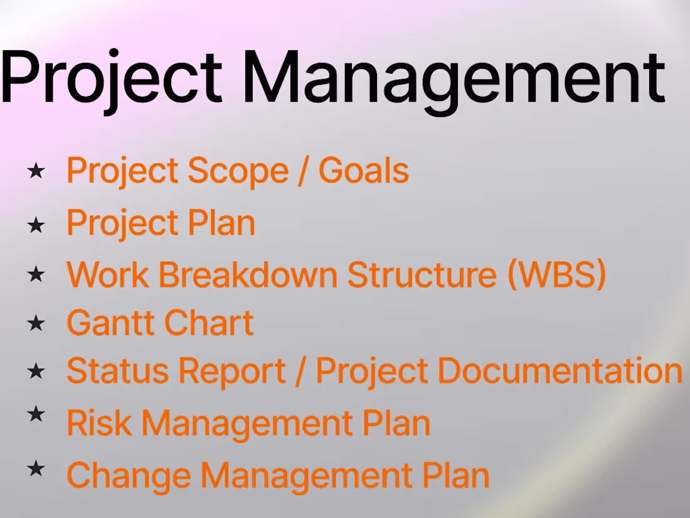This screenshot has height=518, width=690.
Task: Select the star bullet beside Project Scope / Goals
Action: tap(36, 171)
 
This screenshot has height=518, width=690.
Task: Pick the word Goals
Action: tap(364, 171)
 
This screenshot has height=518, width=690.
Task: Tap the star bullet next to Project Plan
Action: tap(36, 224)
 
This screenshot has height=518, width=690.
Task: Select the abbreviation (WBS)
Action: tap(556, 275)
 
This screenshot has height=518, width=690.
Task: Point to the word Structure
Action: tap(422, 275)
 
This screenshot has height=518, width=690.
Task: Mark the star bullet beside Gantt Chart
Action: tap(36, 323)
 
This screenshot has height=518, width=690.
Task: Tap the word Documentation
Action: tap(559, 371)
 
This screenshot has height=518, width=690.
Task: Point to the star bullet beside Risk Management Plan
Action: tap(36, 414)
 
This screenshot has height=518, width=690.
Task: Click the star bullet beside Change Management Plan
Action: tap(36, 467)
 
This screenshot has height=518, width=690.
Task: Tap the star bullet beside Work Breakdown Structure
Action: tap(36, 274)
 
